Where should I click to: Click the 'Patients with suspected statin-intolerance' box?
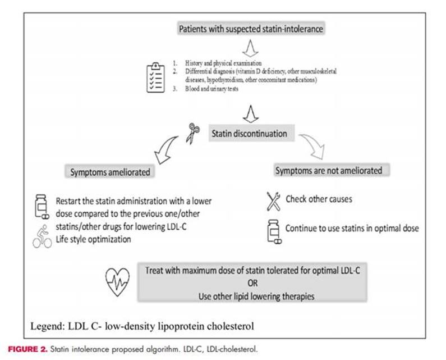coord(251,29)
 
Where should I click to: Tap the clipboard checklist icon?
coord(155,78)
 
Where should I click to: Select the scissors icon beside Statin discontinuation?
coord(192,133)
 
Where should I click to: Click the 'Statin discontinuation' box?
coord(251,133)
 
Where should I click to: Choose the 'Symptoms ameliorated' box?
coord(110,172)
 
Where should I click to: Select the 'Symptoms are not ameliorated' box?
coord(331,170)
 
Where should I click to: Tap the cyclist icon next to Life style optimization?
coord(42,236)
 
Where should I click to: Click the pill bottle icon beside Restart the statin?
coord(42,207)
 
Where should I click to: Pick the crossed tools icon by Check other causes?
coord(273,202)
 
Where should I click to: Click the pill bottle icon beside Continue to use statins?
coord(274,232)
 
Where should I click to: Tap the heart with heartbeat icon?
coord(117,282)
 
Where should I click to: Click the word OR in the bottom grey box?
coord(252,283)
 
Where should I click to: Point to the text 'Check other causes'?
coord(319,199)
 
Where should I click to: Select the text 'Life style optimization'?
coord(93,239)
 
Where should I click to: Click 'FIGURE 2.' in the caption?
coord(27,349)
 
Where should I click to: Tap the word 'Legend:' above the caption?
coord(48,326)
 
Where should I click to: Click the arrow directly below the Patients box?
coord(250,48)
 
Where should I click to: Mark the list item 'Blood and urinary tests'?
coord(211,89)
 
